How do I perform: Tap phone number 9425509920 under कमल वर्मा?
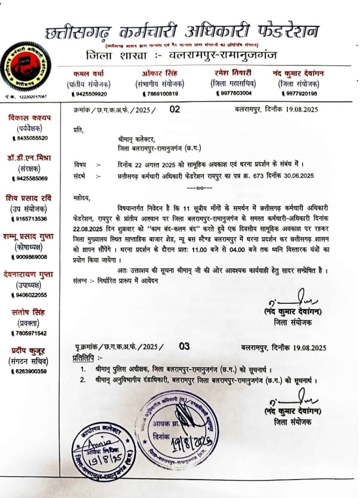(90, 94)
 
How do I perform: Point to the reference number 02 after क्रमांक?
(174, 109)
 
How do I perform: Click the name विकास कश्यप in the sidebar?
(30, 118)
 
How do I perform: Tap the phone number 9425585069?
(30, 179)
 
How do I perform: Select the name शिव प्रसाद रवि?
(30, 198)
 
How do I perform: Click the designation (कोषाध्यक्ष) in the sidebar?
(30, 247)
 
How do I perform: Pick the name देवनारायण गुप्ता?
(30, 274)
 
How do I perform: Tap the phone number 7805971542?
(30, 333)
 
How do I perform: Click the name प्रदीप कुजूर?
(30, 351)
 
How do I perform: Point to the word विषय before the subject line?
(81, 165)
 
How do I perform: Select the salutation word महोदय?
(80, 198)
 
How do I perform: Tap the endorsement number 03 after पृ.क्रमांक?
(184, 346)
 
